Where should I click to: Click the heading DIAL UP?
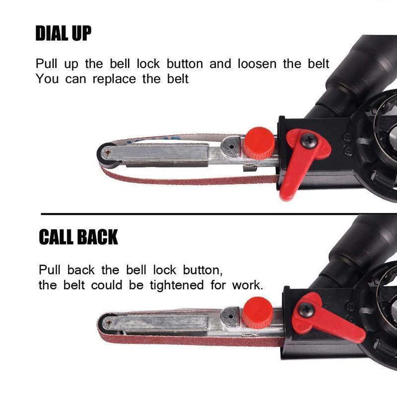(64, 33)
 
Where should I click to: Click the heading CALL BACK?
(78, 237)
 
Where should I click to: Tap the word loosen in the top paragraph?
(257, 64)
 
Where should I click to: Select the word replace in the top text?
(114, 79)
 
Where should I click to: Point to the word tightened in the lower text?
(177, 285)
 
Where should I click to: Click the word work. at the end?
(248, 285)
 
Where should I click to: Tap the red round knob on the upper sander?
(259, 143)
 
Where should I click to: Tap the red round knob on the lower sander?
(257, 313)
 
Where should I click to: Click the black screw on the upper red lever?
(308, 140)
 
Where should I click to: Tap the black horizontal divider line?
(219, 214)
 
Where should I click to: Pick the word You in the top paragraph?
(47, 79)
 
